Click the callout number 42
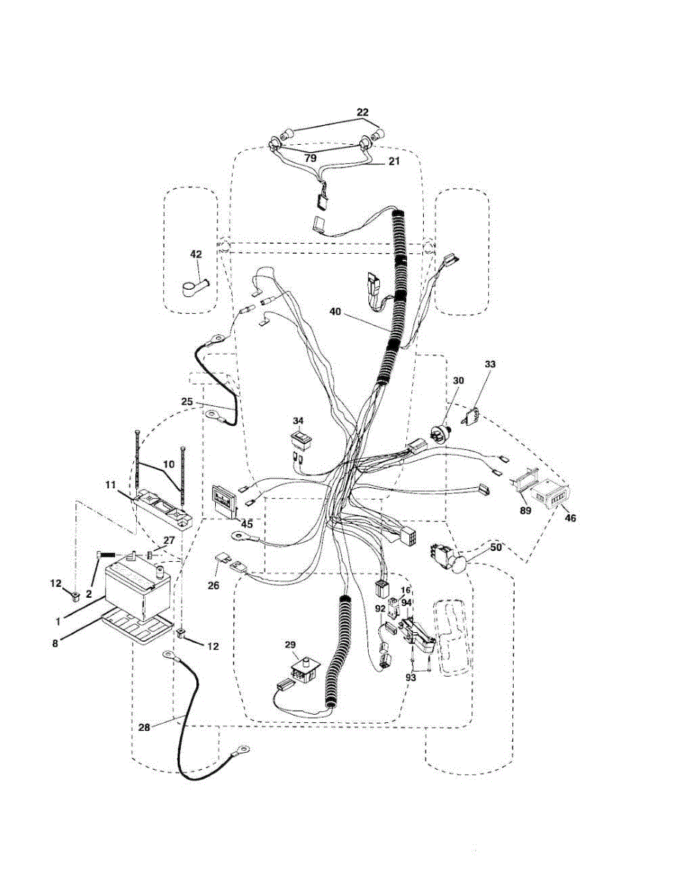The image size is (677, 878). click(196, 254)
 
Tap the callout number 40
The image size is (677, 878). click(335, 312)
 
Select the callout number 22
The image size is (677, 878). click(362, 112)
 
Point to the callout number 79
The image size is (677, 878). click(311, 157)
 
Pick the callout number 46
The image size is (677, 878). click(570, 517)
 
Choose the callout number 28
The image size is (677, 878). click(145, 727)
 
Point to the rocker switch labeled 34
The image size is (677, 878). click(301, 440)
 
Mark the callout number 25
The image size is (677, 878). click(187, 401)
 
